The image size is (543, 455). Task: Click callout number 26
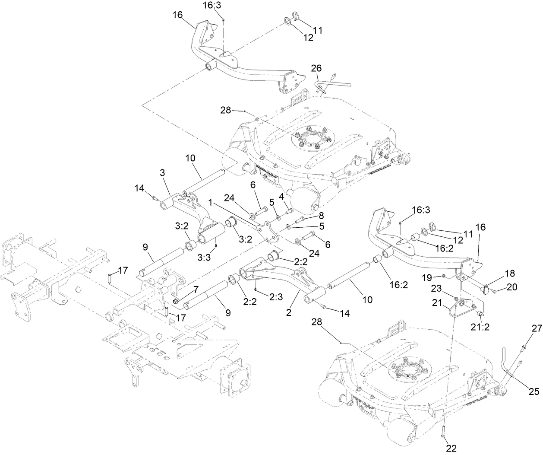pos(316,68)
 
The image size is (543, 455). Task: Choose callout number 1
pos(210,202)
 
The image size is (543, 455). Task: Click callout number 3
pos(162,173)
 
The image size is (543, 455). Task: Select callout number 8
pos(321,215)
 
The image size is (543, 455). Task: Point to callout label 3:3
pos(204,257)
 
